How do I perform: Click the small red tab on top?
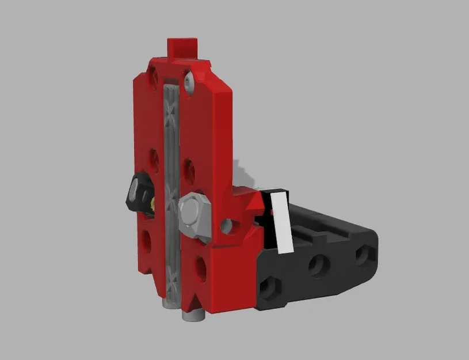(182, 47)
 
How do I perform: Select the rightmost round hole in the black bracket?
(364, 254)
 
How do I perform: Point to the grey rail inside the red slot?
(171, 190)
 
